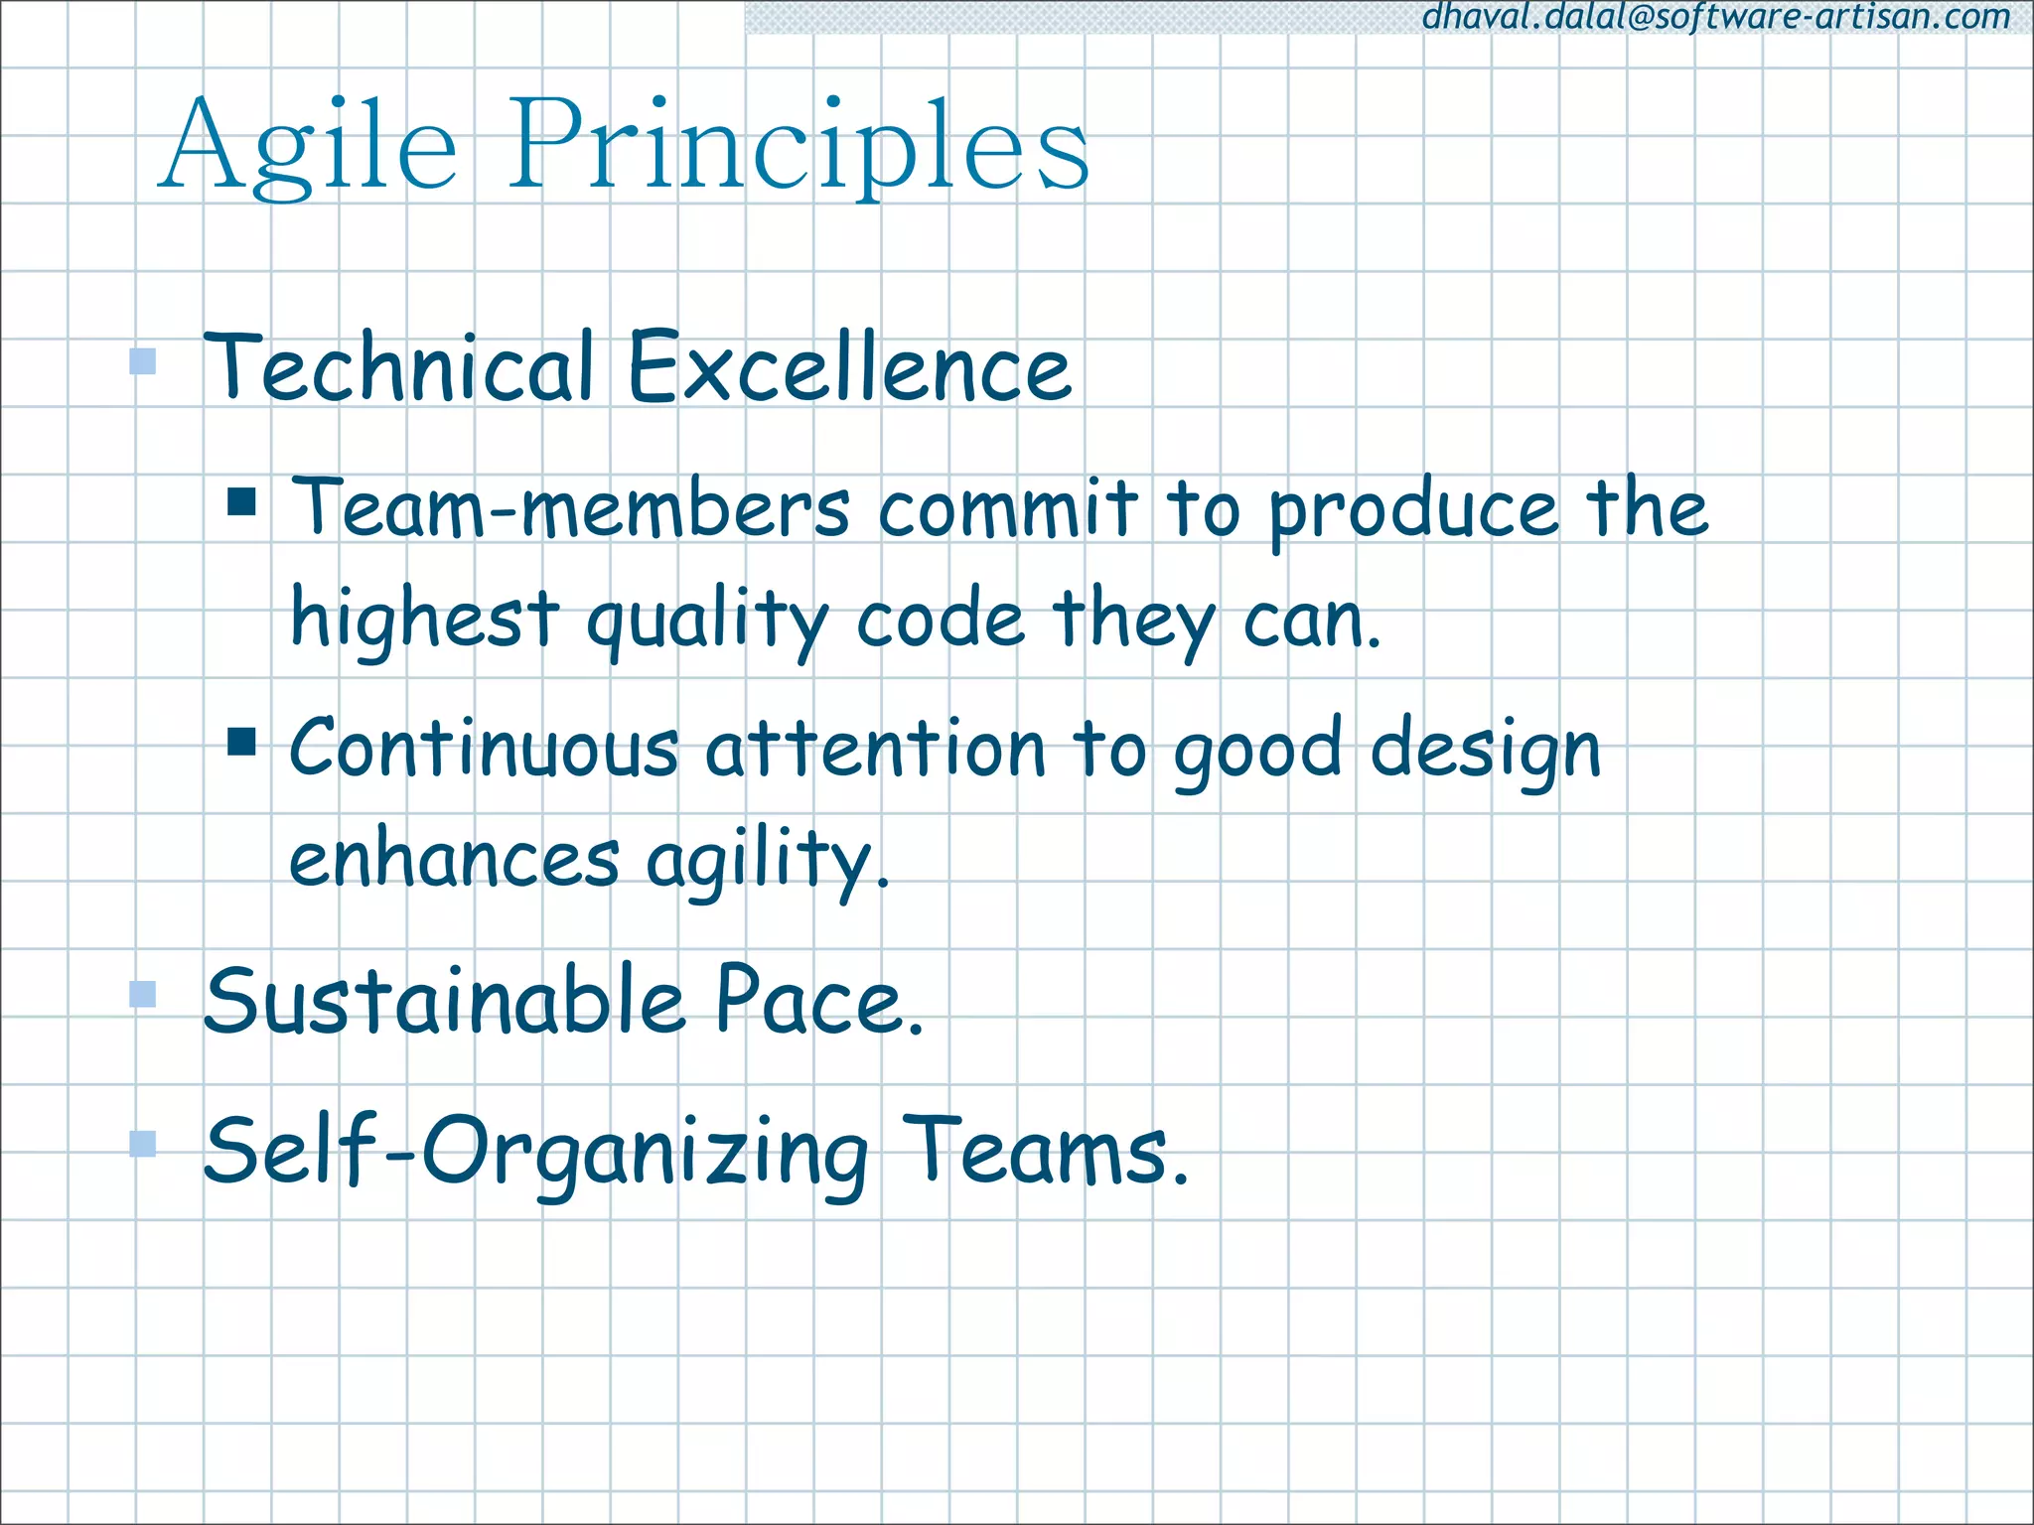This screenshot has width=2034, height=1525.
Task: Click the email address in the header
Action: [1716, 17]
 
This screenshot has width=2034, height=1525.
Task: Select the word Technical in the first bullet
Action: [399, 367]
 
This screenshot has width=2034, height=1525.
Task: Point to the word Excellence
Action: [850, 367]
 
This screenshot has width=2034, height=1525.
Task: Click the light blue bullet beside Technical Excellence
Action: [143, 360]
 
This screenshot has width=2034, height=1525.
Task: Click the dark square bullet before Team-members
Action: [241, 501]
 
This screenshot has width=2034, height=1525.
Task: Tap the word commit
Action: [1007, 508]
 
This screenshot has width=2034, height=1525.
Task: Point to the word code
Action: [940, 621]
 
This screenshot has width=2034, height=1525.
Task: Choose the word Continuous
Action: [484, 749]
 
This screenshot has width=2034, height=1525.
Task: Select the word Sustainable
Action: [444, 1001]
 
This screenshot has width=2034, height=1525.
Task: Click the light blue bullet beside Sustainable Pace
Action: [143, 994]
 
